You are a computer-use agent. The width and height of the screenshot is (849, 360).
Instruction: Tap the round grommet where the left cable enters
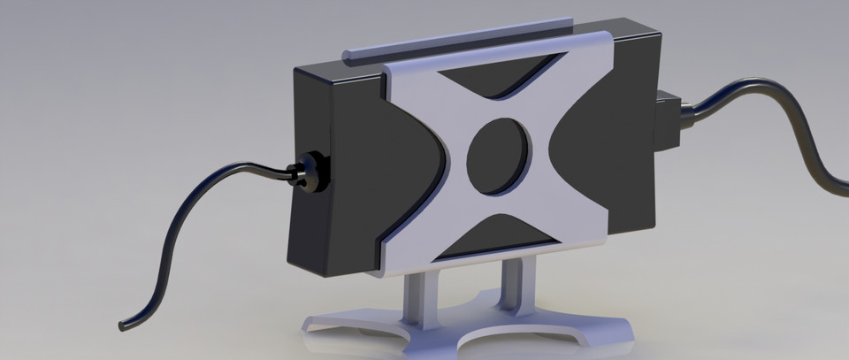tap(309, 169)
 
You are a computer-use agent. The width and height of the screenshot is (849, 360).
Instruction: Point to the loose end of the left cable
tap(125, 325)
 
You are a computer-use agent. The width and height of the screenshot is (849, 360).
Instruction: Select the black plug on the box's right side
tap(668, 119)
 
